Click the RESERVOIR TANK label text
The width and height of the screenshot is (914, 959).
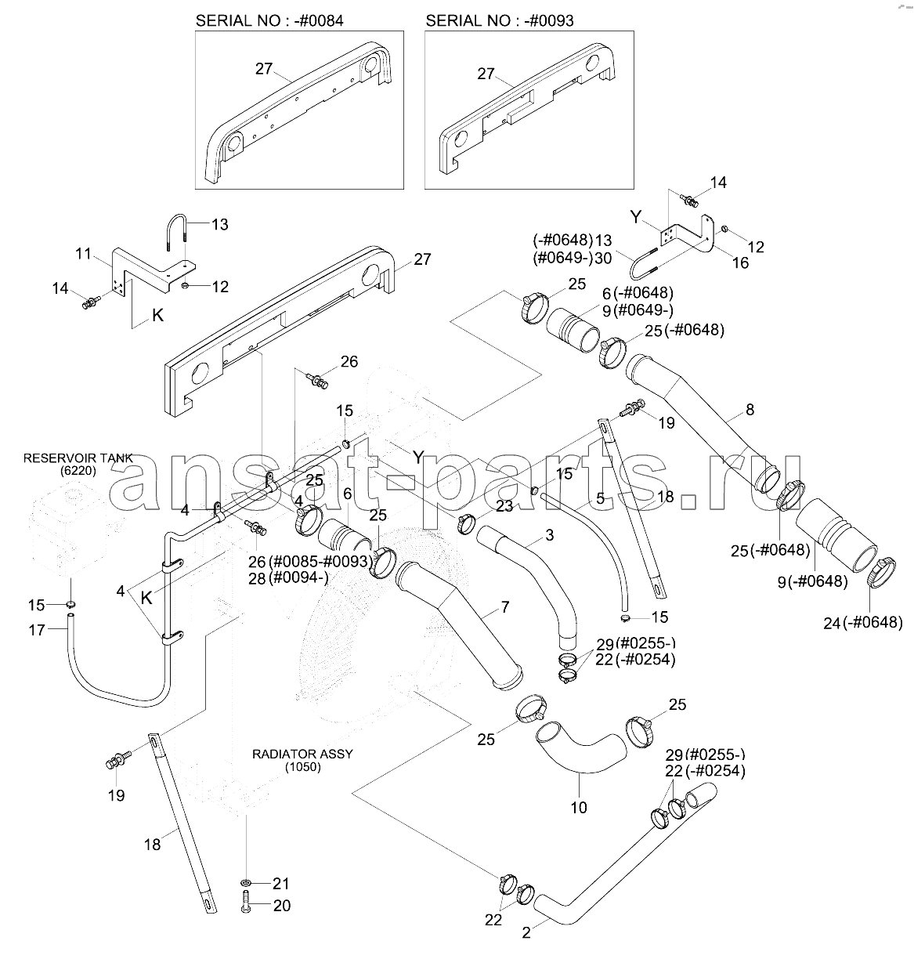click(78, 458)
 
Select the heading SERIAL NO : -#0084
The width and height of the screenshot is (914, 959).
click(269, 20)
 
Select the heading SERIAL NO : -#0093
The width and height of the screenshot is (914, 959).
click(499, 20)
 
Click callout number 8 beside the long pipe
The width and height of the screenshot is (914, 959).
click(750, 408)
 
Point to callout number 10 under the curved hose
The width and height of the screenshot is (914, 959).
click(578, 807)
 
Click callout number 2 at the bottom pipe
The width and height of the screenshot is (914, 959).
click(526, 932)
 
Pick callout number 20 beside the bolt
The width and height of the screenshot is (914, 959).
click(281, 905)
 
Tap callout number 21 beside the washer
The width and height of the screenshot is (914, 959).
click(280, 883)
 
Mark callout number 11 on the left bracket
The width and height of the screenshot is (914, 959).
click(85, 254)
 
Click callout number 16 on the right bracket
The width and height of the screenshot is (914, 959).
click(739, 262)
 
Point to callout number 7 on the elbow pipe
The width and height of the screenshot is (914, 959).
click(505, 608)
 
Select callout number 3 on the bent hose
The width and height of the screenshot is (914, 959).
click(549, 534)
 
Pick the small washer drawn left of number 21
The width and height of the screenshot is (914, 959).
click(247, 883)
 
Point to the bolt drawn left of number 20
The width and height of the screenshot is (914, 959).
click(247, 906)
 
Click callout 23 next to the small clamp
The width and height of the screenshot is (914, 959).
click(504, 506)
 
